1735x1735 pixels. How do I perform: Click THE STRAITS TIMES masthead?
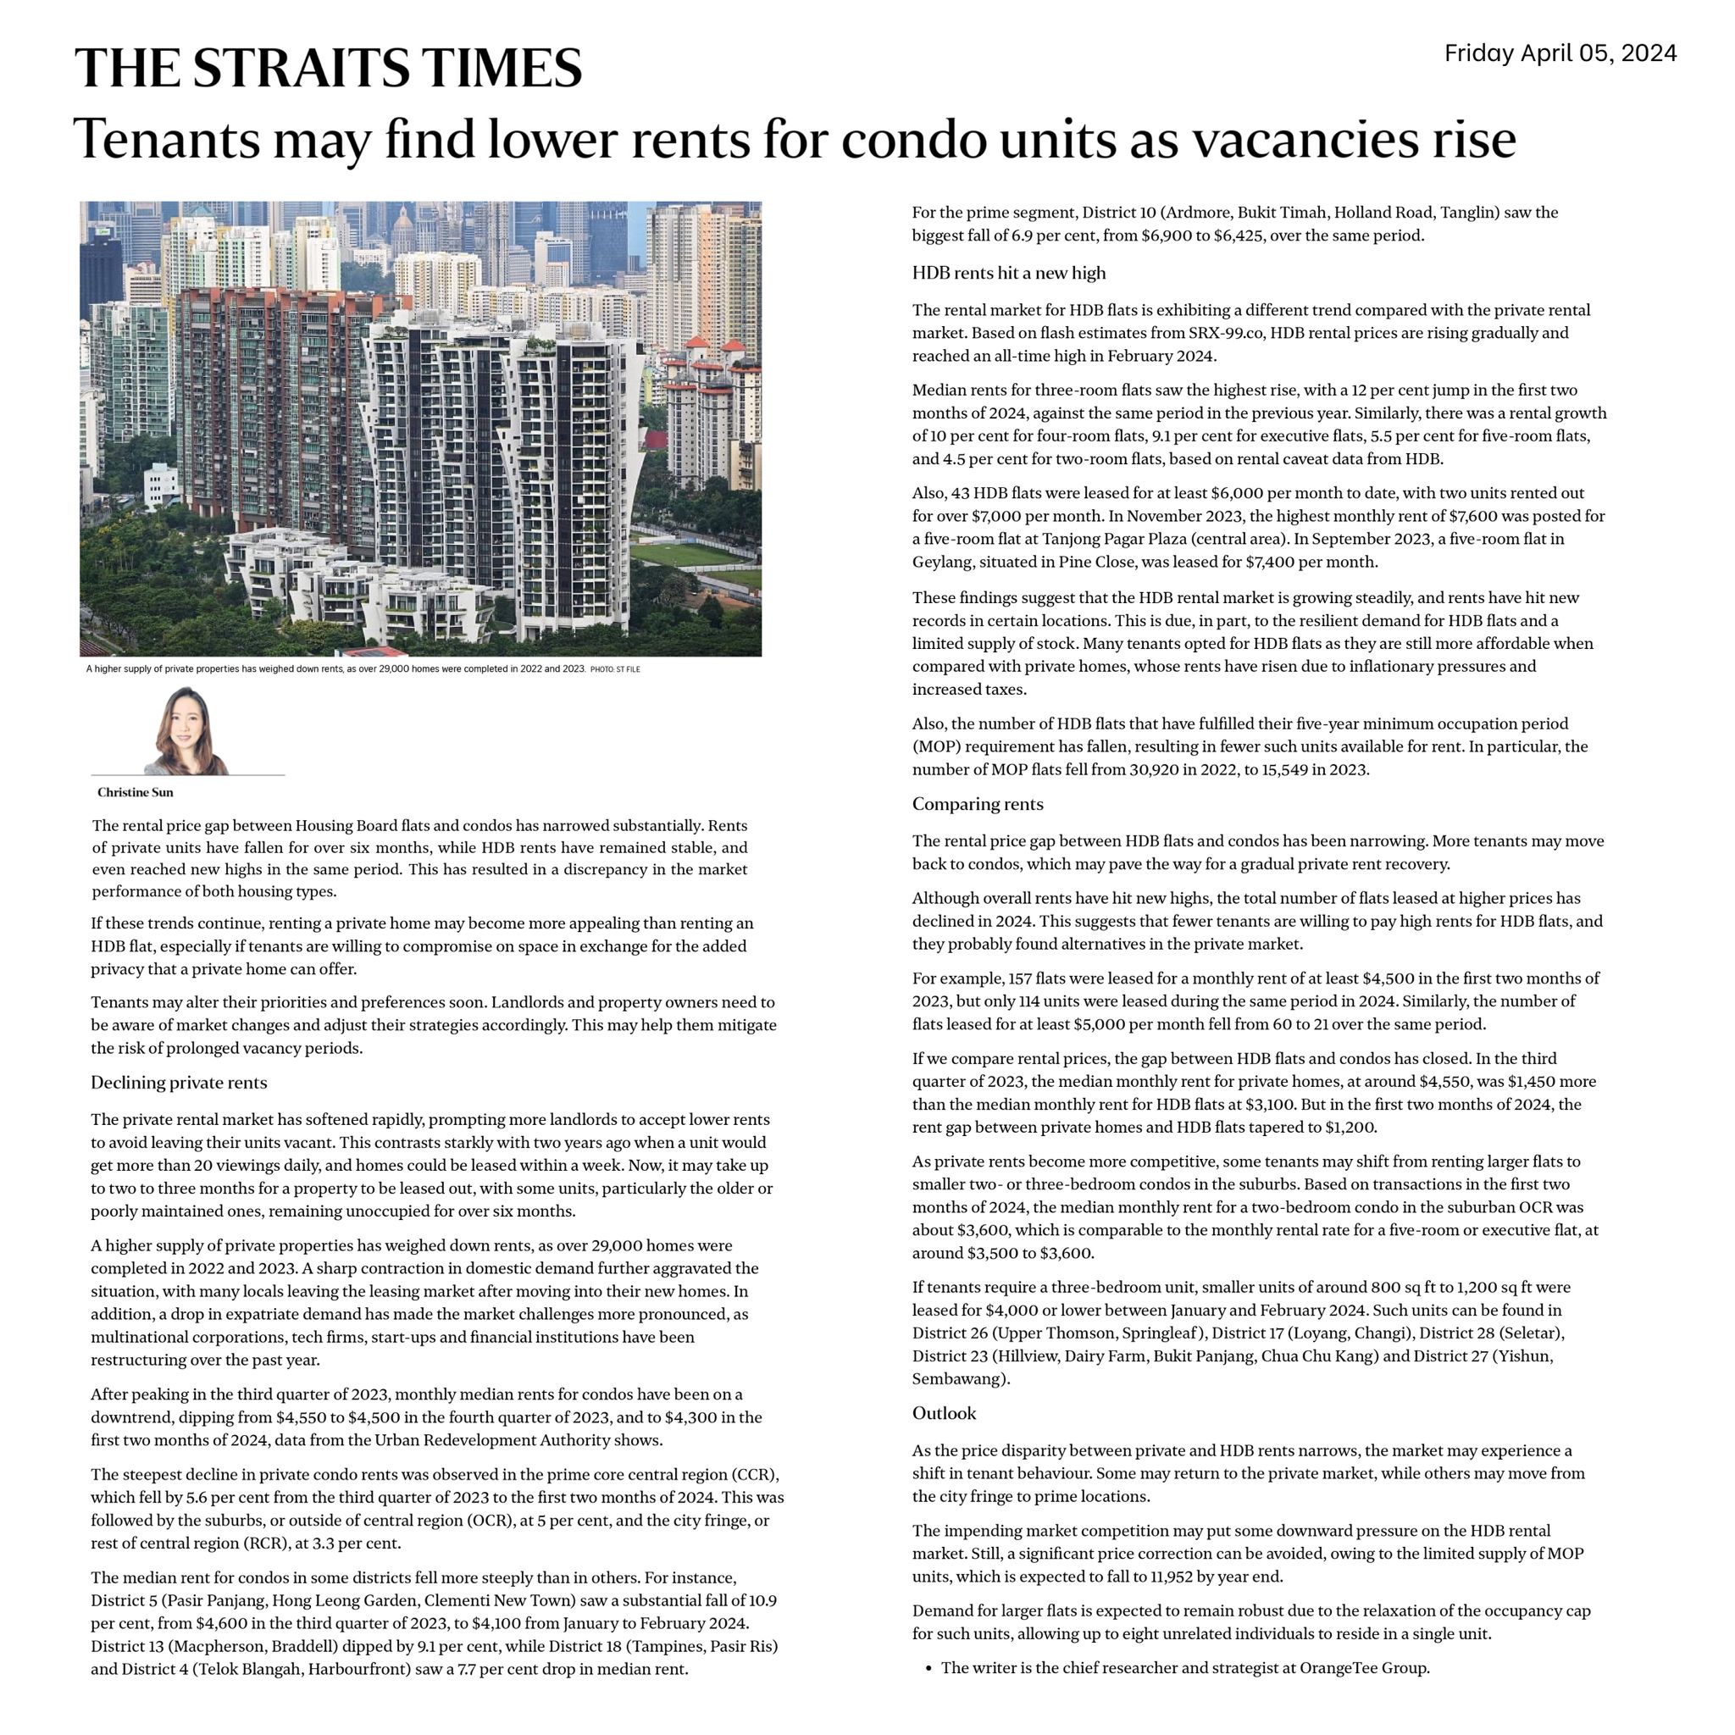pos(328,68)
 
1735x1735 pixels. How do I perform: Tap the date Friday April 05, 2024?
pos(1560,53)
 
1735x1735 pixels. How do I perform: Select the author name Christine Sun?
pos(135,792)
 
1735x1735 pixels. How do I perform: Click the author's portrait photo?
pos(186,731)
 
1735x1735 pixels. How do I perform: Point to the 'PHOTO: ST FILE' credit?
pos(615,669)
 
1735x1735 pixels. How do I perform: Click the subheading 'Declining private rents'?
pos(179,1083)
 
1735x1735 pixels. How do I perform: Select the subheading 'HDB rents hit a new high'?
pos(1008,273)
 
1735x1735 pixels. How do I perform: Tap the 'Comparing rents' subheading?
pos(977,804)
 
